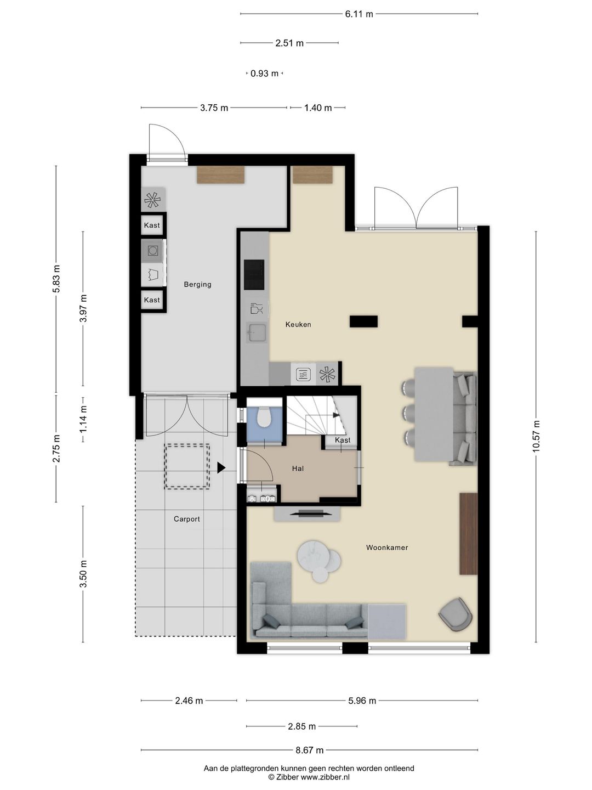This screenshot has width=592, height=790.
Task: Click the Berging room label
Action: pos(197,284)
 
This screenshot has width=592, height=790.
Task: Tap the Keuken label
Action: pos(298,324)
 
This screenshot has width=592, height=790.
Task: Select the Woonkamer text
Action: pos(387,548)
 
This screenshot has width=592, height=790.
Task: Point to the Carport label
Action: pos(186,519)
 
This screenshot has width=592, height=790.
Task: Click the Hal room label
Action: pos(298,469)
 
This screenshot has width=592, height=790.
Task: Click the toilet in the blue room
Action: pos(264,417)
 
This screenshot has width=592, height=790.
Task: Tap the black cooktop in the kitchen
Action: pos(254,275)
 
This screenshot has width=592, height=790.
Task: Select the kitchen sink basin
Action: pos(257,332)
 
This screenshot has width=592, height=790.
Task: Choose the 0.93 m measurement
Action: pos(265,74)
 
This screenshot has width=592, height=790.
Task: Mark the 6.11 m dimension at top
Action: pos(358,14)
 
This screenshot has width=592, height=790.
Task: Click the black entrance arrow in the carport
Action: pos(221,468)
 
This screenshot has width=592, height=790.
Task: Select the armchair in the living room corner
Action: pos(456,614)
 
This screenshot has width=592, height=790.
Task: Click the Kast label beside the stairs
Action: pos(342,440)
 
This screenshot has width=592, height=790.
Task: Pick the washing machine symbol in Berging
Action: pos(153,250)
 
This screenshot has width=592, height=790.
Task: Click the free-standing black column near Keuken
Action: pos(363,321)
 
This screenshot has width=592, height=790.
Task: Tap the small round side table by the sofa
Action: pos(320,574)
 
